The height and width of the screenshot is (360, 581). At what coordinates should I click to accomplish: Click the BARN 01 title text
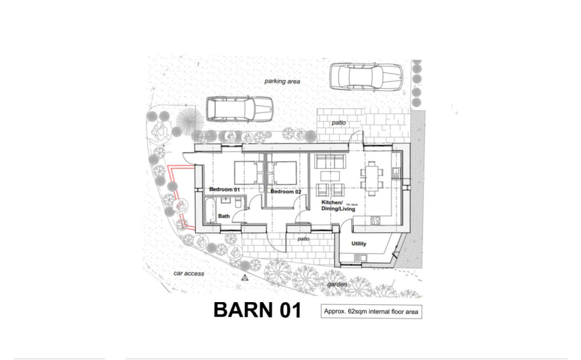tap(257, 310)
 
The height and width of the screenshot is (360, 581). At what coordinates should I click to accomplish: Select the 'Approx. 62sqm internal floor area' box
tap(371, 312)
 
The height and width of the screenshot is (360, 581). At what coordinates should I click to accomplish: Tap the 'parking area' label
tap(282, 81)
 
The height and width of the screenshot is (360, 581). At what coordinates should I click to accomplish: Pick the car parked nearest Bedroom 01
tap(239, 108)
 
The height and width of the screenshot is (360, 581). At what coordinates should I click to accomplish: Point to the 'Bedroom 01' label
tap(225, 189)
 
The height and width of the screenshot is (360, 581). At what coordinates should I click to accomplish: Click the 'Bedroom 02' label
tap(285, 191)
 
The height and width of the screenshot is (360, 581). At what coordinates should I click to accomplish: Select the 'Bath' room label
tap(224, 216)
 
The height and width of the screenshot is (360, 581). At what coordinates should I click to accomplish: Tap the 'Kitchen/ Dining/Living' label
tap(338, 206)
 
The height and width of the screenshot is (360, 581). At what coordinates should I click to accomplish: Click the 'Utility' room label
tap(359, 244)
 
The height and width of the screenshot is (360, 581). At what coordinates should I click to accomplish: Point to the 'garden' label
tap(337, 284)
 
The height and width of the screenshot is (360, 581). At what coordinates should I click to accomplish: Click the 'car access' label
tap(188, 274)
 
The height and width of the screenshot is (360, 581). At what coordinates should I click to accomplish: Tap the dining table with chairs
tap(372, 178)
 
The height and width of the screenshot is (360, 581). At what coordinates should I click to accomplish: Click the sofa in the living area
tap(330, 161)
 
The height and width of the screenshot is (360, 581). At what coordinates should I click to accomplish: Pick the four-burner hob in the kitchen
tap(376, 220)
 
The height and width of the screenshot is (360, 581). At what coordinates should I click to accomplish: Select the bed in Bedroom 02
tap(282, 171)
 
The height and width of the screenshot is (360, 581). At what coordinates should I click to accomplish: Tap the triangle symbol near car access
tap(245, 278)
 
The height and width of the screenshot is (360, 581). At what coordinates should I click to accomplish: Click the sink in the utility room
tap(359, 258)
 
